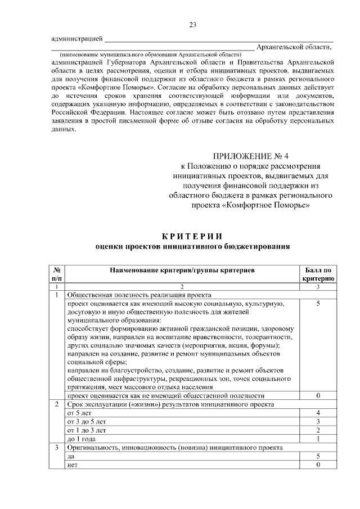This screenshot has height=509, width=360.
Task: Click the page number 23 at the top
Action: [x=192, y=24]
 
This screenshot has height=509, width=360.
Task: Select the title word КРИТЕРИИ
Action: [x=192, y=235]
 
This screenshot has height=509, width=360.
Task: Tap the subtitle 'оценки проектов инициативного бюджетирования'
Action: [x=192, y=246]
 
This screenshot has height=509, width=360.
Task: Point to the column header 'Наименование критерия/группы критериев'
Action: [x=182, y=271]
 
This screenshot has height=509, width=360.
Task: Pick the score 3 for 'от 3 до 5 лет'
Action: [x=318, y=422]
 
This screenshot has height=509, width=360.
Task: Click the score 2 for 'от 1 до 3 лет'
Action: [x=318, y=430]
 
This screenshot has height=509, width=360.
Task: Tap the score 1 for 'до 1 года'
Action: [x=318, y=439]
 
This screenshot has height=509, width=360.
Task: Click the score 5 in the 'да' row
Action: [x=318, y=456]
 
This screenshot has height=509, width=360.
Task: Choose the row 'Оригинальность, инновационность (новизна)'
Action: [x=174, y=448]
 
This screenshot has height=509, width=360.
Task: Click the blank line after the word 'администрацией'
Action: [x=180, y=39]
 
